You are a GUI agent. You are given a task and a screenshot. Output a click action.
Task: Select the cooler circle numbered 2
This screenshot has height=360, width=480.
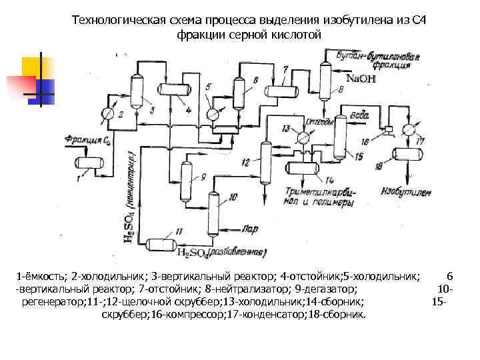coord(109,113)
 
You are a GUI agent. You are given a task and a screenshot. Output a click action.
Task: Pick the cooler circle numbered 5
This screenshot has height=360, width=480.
coord(213,114)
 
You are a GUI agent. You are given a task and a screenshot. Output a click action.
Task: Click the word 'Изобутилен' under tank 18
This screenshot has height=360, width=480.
coord(406,193)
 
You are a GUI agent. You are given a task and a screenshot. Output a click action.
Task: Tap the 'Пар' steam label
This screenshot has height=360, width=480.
coord(250,227)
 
